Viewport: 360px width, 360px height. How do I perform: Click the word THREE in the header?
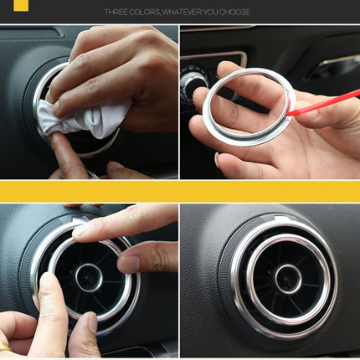tap(118, 13)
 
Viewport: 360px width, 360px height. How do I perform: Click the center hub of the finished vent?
tap(288, 278)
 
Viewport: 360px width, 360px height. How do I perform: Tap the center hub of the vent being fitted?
tap(89, 277)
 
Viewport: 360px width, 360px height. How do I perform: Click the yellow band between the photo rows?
tap(180, 191)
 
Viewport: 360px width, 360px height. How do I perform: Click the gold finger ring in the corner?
tap(4, 346)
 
